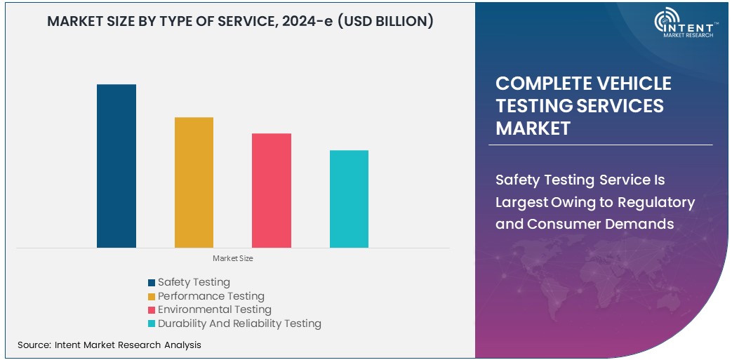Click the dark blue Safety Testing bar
click(x=117, y=166)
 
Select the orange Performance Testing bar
click(x=194, y=182)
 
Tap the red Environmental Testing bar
click(x=272, y=190)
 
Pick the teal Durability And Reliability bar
click(x=349, y=199)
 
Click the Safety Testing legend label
click(x=194, y=282)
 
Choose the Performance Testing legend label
click(x=211, y=296)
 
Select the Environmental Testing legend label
click(x=214, y=309)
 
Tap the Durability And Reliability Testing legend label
click(x=239, y=324)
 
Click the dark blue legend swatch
click(x=152, y=283)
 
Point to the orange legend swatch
click(x=152, y=297)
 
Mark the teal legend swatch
click(x=152, y=324)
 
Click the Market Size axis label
click(x=233, y=259)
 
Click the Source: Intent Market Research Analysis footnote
click(x=109, y=345)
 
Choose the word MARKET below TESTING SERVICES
click(x=533, y=128)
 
